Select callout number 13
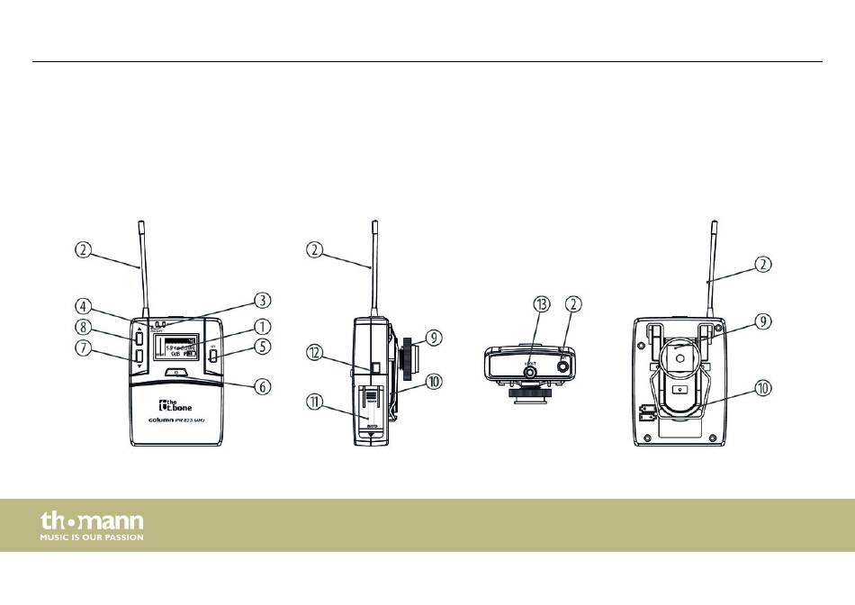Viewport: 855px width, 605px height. click(542, 304)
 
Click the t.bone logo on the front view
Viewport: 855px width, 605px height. click(170, 405)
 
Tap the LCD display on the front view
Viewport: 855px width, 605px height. click(175, 348)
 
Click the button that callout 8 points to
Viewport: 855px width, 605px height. click(139, 339)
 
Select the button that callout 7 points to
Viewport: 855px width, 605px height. click(139, 357)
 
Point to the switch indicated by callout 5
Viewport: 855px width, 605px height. click(212, 355)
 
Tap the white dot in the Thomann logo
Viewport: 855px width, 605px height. click(71, 522)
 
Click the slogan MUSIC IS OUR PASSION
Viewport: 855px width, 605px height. click(91, 537)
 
